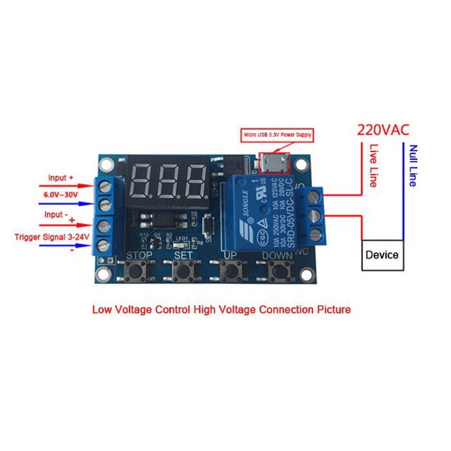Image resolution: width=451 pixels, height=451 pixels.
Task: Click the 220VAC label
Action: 383,130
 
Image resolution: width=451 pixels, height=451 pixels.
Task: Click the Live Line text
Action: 374,166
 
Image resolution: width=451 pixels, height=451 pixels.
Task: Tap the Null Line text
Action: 412,166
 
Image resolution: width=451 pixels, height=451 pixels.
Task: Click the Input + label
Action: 61,178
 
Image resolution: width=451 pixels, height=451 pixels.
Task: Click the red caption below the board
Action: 221,309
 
